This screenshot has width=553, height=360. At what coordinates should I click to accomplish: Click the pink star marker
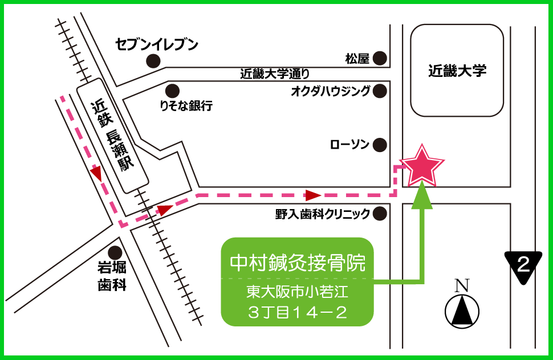(x=421, y=166)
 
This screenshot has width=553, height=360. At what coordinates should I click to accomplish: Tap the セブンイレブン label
(x=157, y=44)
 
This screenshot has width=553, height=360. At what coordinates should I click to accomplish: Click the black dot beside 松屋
(x=380, y=58)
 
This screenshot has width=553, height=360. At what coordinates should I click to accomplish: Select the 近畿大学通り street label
(x=275, y=73)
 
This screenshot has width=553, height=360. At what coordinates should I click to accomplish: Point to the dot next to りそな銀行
(x=172, y=90)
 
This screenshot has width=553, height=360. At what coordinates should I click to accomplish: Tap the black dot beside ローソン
(x=380, y=145)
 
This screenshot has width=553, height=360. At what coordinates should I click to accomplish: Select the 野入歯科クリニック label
(x=323, y=214)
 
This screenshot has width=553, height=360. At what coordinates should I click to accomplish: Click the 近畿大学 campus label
(x=457, y=71)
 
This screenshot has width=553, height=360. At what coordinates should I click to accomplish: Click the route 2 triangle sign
(x=522, y=265)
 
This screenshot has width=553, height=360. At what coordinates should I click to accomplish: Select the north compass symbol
(x=462, y=310)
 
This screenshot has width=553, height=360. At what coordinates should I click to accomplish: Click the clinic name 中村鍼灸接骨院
(x=297, y=263)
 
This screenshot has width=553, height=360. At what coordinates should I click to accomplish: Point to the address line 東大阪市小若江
(x=297, y=293)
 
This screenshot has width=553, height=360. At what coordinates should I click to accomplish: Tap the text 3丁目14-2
(x=297, y=312)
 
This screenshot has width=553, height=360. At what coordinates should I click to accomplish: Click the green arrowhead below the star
(x=422, y=192)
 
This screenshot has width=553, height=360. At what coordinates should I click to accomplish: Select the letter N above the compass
(x=463, y=284)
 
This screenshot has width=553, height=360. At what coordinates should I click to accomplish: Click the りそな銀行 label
(x=186, y=105)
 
